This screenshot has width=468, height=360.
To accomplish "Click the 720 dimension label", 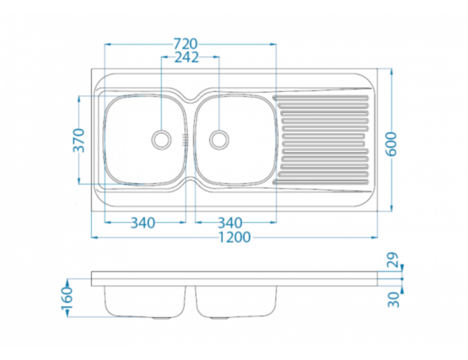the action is coord(186,44).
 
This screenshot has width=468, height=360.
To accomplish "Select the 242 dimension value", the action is coord(186,57).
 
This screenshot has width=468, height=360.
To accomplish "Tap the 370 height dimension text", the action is coord(79,140).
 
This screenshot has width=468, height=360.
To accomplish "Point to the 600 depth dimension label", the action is coord(391,143).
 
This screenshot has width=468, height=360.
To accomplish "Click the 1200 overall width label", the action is coord(235,238).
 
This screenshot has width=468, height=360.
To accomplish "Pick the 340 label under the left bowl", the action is coord(143,223).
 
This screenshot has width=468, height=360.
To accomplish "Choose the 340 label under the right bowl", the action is coord(230,223).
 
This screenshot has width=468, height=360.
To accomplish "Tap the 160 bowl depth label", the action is coord(67,298).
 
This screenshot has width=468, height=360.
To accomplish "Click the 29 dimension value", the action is coord(393,259).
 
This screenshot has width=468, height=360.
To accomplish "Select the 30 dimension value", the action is coord(393,299).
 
